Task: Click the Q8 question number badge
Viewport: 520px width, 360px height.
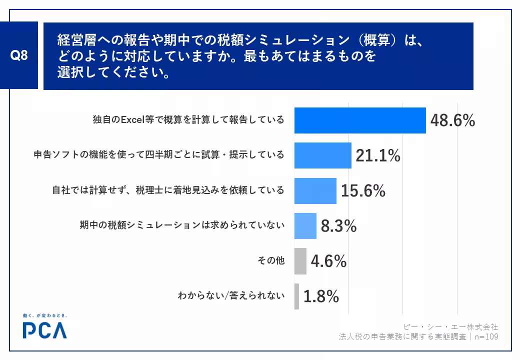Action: [x=19, y=55]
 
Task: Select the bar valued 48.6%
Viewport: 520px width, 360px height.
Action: [x=360, y=120]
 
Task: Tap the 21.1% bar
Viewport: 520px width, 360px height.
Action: [x=323, y=155]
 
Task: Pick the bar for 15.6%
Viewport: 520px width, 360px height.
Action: [x=315, y=191]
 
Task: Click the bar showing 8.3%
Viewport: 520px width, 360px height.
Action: [x=305, y=225]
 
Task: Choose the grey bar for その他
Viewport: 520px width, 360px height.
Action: [x=300, y=261]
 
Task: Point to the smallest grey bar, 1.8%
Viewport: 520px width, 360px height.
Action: [x=297, y=296]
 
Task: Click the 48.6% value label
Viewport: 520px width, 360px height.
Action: [x=452, y=120]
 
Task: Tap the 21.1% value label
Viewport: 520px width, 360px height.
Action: [x=378, y=155]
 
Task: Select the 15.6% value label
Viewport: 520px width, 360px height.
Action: [x=363, y=191]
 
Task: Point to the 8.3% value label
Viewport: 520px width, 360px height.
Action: [x=338, y=226]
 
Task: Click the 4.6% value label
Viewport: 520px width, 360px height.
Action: [x=328, y=261]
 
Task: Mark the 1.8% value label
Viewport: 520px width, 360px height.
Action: [x=321, y=296]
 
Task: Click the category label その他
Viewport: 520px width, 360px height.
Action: [x=271, y=260]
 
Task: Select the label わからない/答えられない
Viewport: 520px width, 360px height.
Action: [x=231, y=295]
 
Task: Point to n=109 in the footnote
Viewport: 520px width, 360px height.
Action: [x=486, y=337]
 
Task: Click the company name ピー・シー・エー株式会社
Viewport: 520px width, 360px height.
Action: [x=451, y=327]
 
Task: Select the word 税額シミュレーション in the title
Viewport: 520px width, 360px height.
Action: [x=284, y=40]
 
